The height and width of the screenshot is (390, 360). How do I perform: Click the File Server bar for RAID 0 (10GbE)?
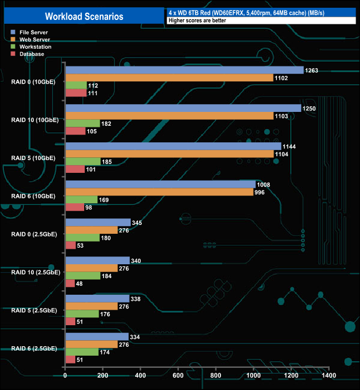184,70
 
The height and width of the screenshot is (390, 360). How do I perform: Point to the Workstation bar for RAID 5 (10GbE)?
83,161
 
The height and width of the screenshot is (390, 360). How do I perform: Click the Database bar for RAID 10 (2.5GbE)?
70,283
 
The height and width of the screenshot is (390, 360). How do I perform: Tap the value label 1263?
311,70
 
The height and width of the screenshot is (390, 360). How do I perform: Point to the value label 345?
137,222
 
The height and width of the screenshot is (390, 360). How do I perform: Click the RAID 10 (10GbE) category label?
34,119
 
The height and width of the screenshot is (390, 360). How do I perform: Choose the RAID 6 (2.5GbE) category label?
34,348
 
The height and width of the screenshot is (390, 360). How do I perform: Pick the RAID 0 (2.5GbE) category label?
34,234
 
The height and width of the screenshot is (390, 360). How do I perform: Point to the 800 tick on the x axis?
215,376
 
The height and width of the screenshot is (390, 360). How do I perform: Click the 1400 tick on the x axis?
328,376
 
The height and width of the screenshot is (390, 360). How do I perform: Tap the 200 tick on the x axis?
103,376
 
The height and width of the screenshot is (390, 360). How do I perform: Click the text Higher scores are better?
194,20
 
